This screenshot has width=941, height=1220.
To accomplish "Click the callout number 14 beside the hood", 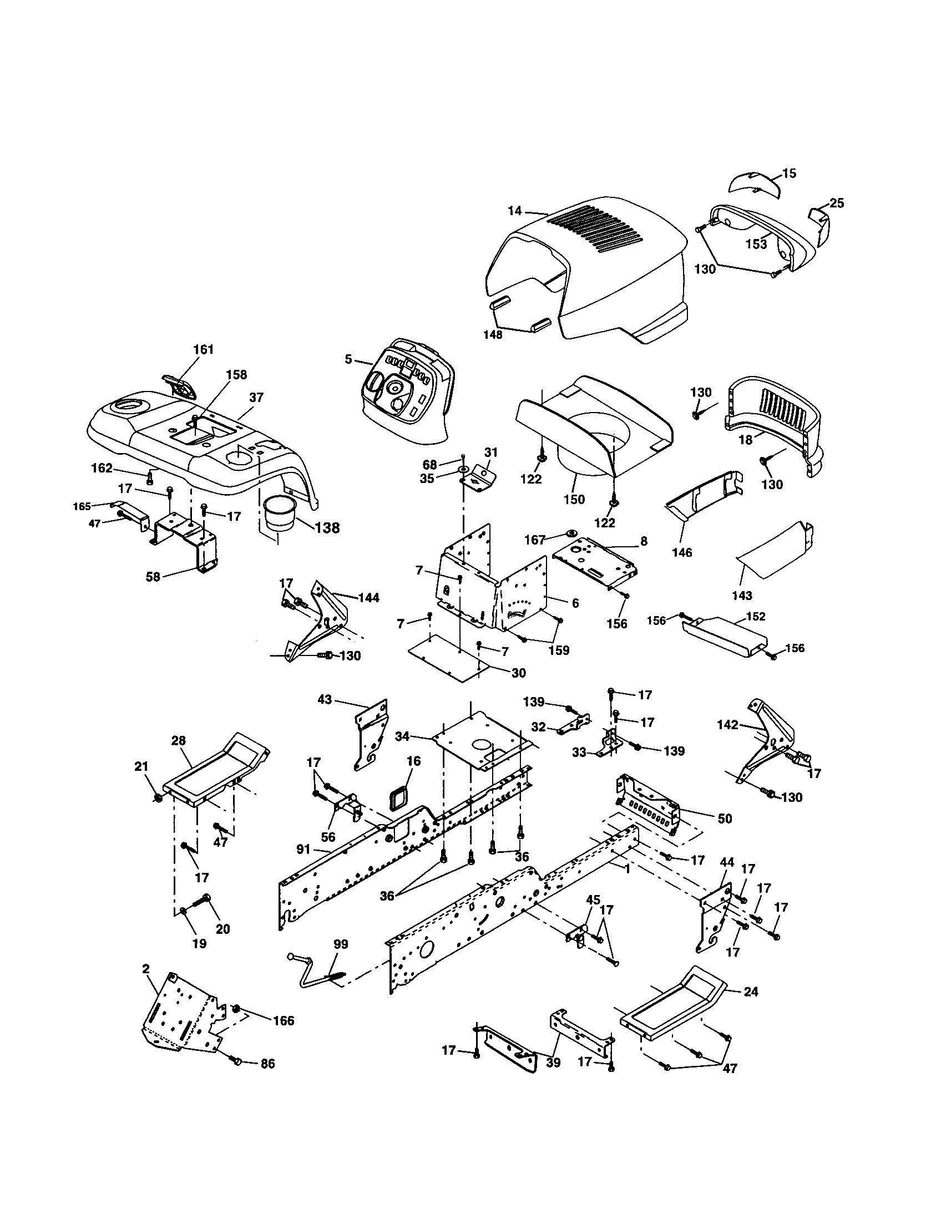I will click(514, 211).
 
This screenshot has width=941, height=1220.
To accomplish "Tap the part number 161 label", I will click(204, 349).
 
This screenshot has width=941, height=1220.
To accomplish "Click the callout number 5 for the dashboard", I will click(348, 359).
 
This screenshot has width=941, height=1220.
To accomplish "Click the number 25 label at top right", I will click(836, 204).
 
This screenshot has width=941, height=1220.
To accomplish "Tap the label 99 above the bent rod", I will click(340, 944).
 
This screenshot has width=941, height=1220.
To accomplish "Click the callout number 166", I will click(284, 1020).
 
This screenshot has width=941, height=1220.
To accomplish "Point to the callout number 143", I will click(742, 596).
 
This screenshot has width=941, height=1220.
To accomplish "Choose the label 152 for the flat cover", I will click(756, 617).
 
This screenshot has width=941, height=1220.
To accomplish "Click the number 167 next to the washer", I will click(535, 540).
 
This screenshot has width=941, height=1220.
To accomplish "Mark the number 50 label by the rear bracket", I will click(725, 819).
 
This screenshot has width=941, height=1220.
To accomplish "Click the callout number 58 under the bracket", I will click(153, 577).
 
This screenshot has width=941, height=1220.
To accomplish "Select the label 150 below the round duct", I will click(574, 499).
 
